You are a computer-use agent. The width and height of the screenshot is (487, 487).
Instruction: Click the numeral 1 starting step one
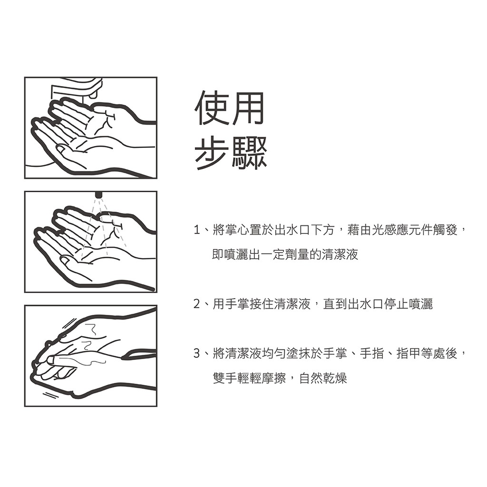(196, 230)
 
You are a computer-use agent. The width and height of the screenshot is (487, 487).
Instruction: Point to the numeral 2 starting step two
(196, 304)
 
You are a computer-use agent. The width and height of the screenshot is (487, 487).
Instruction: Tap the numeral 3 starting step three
(196, 353)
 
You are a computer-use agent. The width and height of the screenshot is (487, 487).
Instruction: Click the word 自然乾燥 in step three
(323, 378)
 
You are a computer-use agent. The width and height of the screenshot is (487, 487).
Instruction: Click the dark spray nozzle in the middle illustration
(99, 195)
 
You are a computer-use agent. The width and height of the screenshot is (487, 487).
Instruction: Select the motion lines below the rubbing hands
(50, 395)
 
